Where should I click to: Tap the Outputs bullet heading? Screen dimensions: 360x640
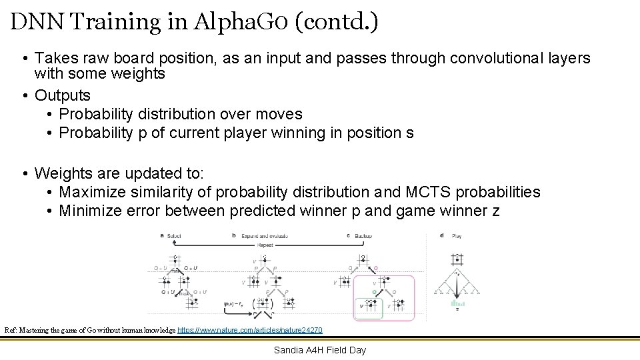tap(62, 95)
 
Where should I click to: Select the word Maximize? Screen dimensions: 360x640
tap(91, 192)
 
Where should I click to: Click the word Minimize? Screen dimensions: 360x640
tap(89, 211)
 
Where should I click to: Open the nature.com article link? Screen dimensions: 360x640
tap(250, 330)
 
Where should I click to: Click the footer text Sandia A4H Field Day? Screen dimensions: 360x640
tap(320, 350)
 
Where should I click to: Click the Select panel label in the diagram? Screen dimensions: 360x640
tap(173, 235)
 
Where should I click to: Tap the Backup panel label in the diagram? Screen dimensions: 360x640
tap(363, 235)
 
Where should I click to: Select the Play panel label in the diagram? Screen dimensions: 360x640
tap(457, 235)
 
